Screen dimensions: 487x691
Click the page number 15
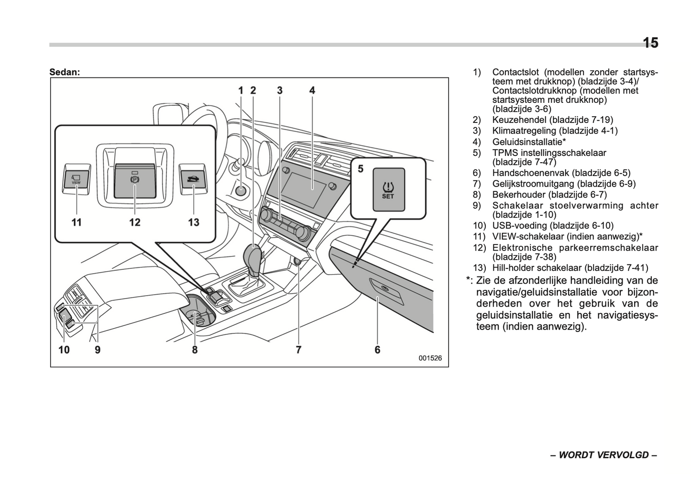pyautogui.click(x=650, y=43)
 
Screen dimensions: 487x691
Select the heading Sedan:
pyautogui.click(x=65, y=72)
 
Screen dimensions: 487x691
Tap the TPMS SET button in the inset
pyautogui.click(x=388, y=189)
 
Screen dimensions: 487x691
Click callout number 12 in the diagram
pyautogui.click(x=134, y=222)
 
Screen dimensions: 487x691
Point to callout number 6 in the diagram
pyautogui.click(x=377, y=350)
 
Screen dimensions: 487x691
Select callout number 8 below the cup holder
pyautogui.click(x=195, y=350)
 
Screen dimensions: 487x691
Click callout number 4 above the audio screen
pyautogui.click(x=312, y=90)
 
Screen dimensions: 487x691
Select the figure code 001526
pyautogui.click(x=430, y=358)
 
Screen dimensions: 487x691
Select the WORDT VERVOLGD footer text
pyautogui.click(x=603, y=454)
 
